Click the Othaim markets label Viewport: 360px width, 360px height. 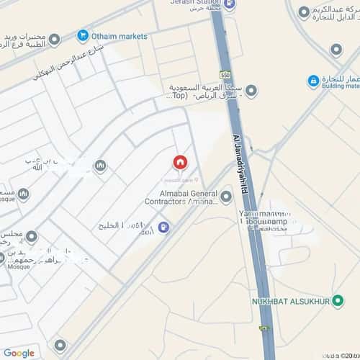120,36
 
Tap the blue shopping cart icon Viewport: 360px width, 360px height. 83,36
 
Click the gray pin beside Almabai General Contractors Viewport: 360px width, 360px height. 226,196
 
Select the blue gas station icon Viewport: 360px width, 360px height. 163,227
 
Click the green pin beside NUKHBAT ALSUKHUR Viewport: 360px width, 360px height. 337,300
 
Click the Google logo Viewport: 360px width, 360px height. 19,352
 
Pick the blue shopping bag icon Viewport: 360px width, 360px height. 313,81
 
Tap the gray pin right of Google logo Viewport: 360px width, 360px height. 60,345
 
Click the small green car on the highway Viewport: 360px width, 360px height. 261,328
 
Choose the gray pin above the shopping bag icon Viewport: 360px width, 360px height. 336,49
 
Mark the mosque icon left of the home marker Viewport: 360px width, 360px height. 100,166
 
